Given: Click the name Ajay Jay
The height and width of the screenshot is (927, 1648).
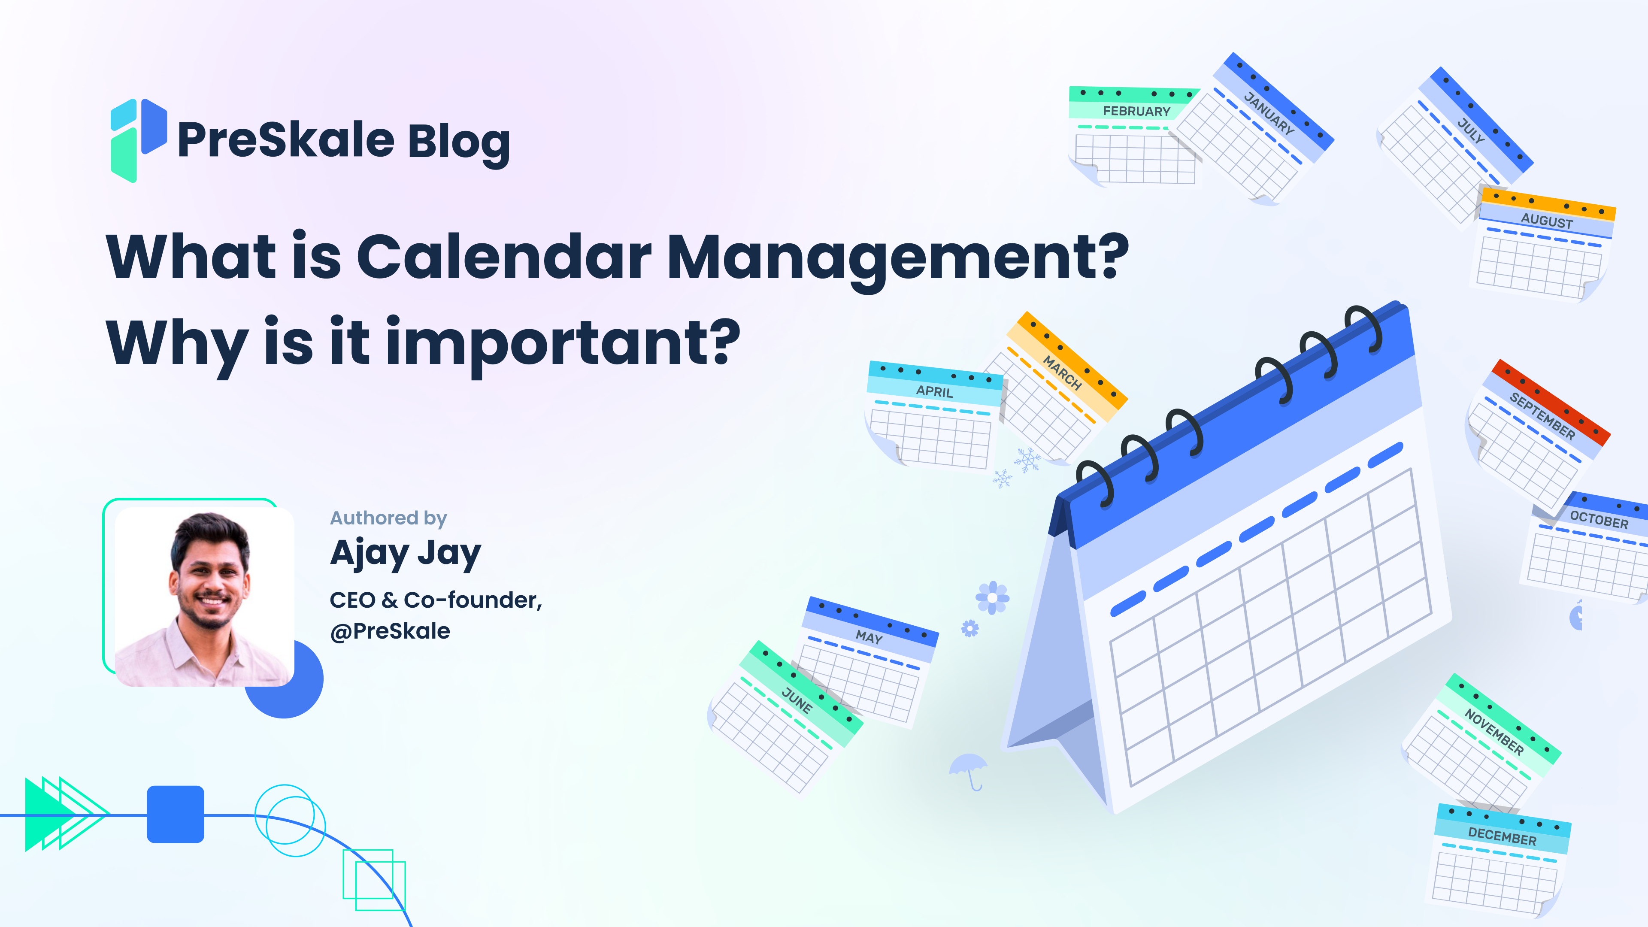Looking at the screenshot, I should click(x=405, y=554).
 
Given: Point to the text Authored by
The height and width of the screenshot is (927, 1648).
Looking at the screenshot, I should click(x=388, y=518).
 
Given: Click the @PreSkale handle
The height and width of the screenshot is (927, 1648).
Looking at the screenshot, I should click(x=390, y=631).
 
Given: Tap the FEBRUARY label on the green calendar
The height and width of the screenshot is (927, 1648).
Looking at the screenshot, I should click(x=1136, y=111).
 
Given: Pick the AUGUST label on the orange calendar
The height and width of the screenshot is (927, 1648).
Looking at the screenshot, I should click(x=1546, y=221).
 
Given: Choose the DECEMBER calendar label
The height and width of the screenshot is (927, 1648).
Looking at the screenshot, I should click(x=1502, y=836).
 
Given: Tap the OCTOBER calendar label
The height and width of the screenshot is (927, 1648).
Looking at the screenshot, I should click(x=1599, y=519).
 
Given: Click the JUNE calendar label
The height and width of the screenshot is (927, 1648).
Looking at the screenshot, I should click(x=797, y=700).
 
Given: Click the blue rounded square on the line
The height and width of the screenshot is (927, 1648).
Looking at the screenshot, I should click(x=175, y=814).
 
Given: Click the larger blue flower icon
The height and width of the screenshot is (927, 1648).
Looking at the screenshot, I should click(x=992, y=597).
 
